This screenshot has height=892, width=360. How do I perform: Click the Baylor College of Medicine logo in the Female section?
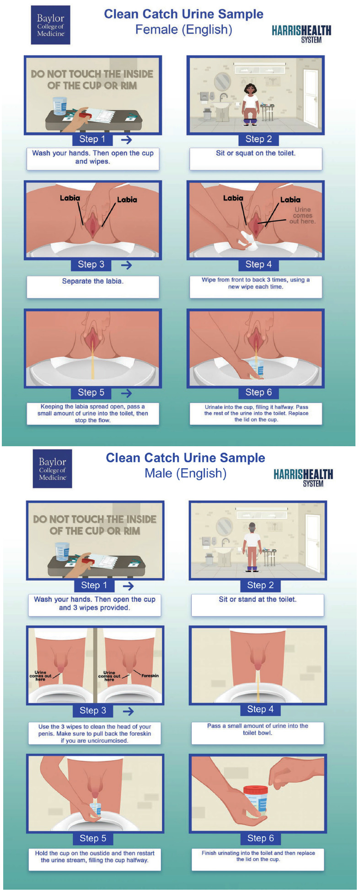[x=50, y=25]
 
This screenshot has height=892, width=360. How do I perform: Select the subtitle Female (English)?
[x=183, y=30]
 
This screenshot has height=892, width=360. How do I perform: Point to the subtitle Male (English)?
[x=185, y=473]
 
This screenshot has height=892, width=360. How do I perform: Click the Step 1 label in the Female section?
[x=92, y=139]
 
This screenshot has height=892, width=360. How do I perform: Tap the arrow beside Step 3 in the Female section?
[x=126, y=265]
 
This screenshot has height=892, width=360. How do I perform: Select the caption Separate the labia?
[x=93, y=281]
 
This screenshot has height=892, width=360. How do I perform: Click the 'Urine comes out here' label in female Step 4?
[x=302, y=215]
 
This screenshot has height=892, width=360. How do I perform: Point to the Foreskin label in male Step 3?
[x=150, y=676]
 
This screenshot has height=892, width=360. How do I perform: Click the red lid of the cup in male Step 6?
[x=255, y=789]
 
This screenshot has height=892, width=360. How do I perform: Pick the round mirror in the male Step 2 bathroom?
[x=224, y=526]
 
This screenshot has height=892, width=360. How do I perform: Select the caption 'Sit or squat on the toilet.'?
[x=256, y=153]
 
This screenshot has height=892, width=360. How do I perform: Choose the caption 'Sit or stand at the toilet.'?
[x=258, y=599]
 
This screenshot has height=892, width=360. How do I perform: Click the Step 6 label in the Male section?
[x=260, y=838]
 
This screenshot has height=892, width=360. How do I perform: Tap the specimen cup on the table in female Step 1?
[x=59, y=107]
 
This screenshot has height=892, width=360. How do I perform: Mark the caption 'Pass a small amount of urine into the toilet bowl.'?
[x=258, y=729]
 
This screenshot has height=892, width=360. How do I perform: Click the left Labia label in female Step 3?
[x=70, y=198]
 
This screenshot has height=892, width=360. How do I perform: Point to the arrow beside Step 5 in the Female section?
[x=126, y=393]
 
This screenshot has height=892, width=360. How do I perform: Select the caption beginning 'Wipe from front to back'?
[x=256, y=283]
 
